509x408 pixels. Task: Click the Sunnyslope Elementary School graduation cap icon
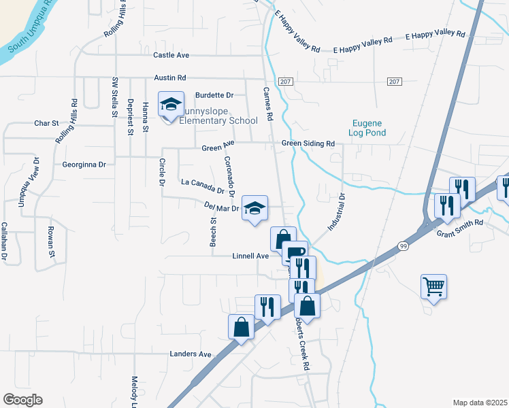coord(170,104)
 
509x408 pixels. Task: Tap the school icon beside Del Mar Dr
coord(255,208)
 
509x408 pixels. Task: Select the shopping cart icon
coord(434,286)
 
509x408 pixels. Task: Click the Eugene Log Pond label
coord(367,129)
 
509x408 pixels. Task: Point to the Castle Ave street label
coord(171,55)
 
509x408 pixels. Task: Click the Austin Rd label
coord(169,79)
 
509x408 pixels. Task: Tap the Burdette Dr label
coord(214,95)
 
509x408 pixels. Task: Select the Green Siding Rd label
coord(309,144)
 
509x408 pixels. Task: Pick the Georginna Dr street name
coord(84,165)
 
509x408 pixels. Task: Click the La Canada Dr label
coord(203,186)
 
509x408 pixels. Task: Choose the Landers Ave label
coord(191,354)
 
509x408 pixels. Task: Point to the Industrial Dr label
coord(337,212)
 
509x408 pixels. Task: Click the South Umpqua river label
coord(31,27)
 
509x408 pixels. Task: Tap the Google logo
coord(22,399)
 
